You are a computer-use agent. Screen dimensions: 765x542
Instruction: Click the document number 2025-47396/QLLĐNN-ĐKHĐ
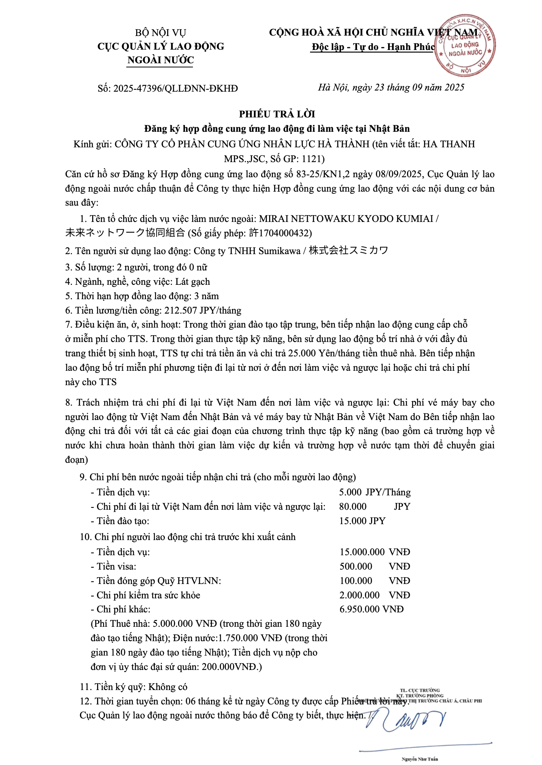[175, 88]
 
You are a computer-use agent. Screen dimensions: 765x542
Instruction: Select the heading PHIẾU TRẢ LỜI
[277, 114]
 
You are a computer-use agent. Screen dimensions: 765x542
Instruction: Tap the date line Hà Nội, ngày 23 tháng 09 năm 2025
[391, 87]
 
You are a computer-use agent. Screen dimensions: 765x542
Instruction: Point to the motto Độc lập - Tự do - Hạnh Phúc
[373, 47]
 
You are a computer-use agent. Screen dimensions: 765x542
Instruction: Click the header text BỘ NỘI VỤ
[160, 33]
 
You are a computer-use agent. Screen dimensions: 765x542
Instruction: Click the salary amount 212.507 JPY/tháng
[202, 311]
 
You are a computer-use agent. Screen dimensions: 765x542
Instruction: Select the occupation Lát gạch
[193, 282]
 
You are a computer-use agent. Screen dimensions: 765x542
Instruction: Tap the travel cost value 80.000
[352, 506]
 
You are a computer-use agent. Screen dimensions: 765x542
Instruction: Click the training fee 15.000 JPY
[362, 521]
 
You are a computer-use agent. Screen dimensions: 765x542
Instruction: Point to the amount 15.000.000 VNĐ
[374, 552]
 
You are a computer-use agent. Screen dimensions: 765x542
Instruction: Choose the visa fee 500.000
[356, 566]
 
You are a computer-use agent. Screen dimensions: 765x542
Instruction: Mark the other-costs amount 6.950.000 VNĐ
[371, 609]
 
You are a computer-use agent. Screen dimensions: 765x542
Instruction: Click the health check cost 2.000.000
[359, 595]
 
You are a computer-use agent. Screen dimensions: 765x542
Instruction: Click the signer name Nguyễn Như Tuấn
[420, 759]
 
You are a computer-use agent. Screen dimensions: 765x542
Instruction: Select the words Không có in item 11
[168, 687]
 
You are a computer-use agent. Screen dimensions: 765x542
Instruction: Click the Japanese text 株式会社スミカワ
[348, 251]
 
